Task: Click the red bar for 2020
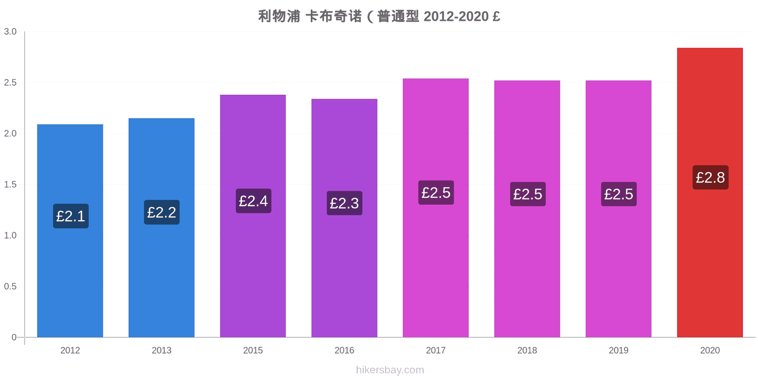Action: click(710, 192)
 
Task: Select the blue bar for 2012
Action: click(70, 231)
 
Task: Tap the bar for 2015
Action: click(253, 216)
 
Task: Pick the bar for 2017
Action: click(435, 208)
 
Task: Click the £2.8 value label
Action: click(710, 177)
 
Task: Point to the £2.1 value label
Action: click(71, 216)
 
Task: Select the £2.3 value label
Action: click(344, 203)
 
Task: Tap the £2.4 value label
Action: click(253, 201)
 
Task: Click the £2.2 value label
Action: click(162, 212)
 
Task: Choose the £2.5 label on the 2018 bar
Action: click(528, 194)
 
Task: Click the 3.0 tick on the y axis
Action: click(10, 31)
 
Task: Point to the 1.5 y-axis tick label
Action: click(10, 184)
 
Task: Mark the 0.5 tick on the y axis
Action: click(10, 286)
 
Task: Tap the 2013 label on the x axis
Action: click(162, 350)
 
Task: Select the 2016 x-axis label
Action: click(344, 350)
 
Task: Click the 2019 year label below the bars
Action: click(619, 350)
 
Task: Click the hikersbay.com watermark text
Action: click(390, 370)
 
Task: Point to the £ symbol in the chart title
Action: click(496, 16)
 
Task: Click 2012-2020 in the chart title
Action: click(456, 16)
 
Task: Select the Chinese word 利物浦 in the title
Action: click(279, 16)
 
